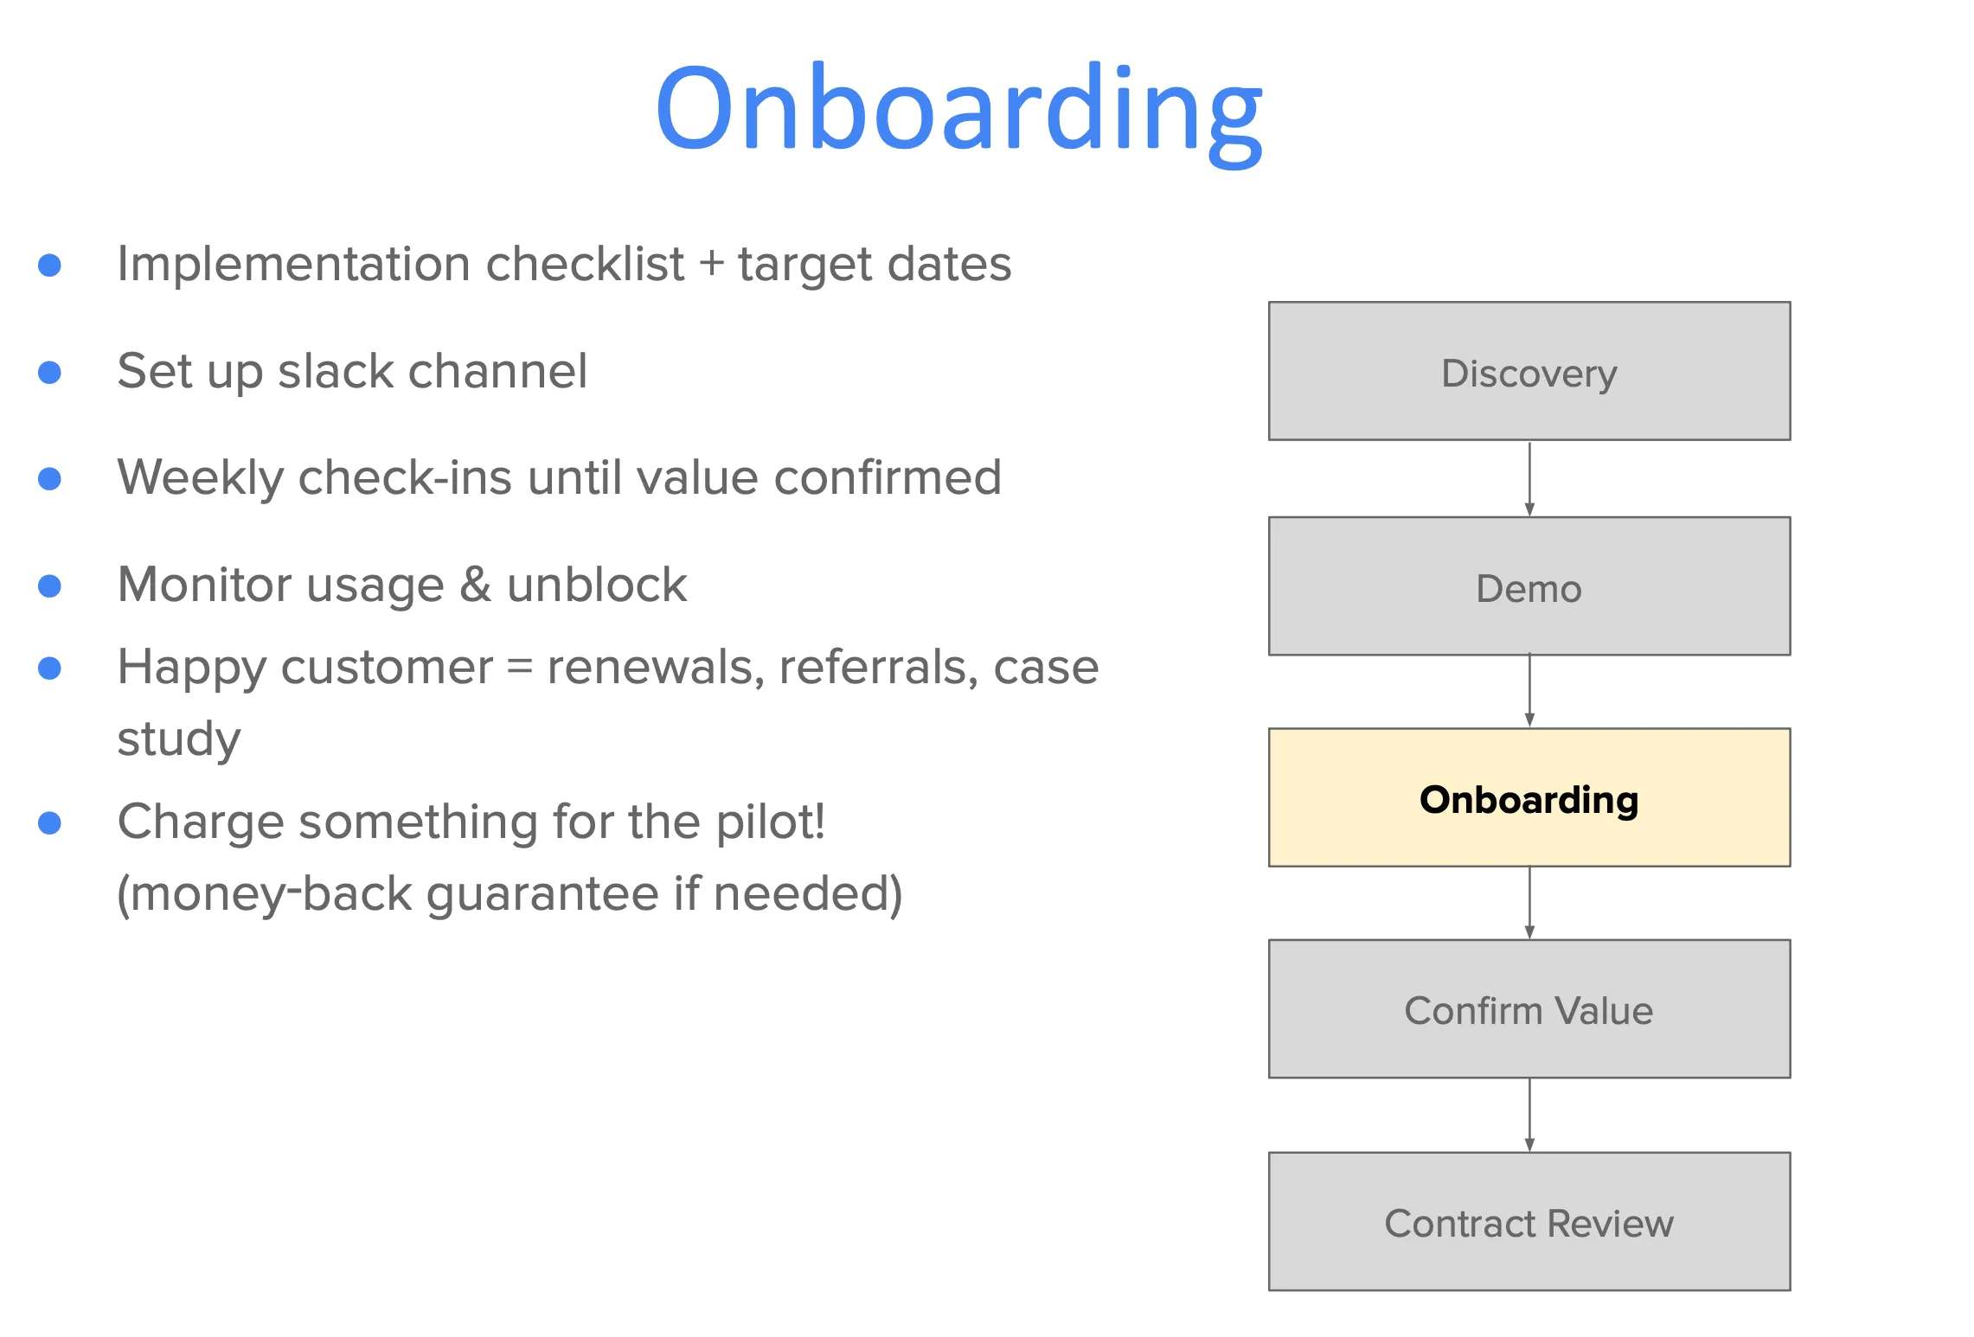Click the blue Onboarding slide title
958,111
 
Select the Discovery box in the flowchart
1529,371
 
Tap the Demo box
1529,586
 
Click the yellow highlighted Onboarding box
1529,797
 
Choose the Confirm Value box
1529,1008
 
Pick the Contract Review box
1529,1221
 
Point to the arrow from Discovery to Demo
1529,478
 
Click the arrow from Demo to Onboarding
1529,691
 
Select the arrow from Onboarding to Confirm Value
1529,903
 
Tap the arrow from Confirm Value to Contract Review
1529,1115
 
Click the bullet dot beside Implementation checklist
50,265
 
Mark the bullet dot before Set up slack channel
50,372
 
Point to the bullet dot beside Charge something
50,822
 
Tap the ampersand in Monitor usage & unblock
475,585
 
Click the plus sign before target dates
711,265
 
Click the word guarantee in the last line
542,894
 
